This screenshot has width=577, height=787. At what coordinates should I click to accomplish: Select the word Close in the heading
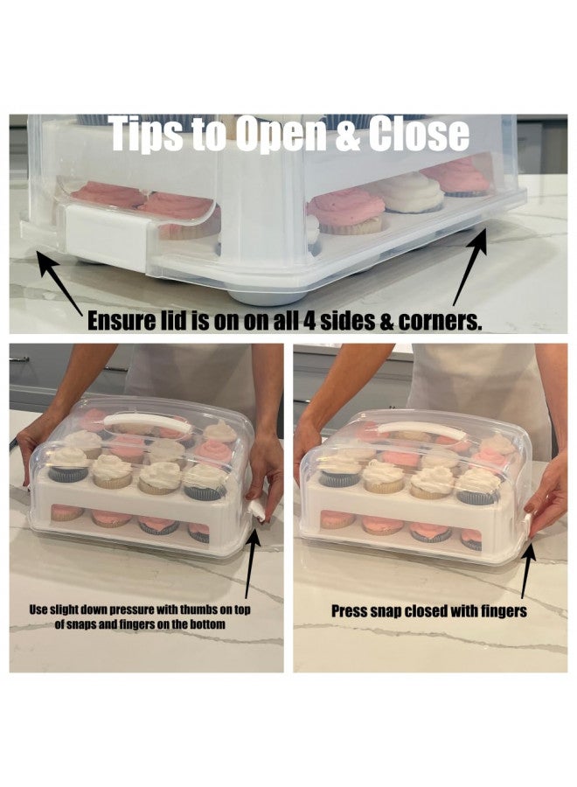420,134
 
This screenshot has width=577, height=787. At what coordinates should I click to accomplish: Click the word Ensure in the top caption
122,321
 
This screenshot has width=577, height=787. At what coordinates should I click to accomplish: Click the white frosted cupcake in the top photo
410,192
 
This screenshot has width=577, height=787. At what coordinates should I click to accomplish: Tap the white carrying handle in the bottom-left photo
148,422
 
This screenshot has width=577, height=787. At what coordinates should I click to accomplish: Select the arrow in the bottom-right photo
526,568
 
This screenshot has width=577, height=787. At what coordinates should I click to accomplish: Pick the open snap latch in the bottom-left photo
256,512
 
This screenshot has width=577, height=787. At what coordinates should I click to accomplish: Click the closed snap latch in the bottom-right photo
526,526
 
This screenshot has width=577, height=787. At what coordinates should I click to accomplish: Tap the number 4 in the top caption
309,322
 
